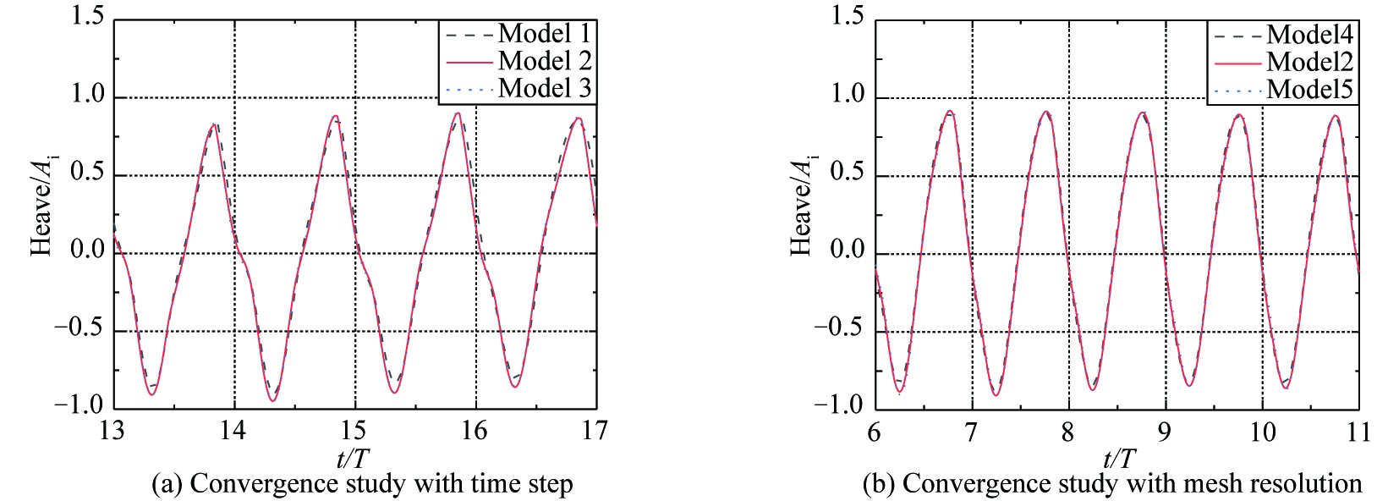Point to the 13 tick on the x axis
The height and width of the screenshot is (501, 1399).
(112, 431)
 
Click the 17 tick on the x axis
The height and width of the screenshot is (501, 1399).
(595, 431)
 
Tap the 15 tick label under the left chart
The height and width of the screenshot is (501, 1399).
(354, 431)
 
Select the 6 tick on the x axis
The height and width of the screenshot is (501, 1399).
(875, 432)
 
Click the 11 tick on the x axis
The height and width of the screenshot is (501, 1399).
(1358, 432)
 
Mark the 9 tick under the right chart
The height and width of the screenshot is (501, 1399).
(1165, 432)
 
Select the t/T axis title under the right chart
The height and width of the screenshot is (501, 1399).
(1119, 458)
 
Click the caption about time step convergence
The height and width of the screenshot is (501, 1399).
(361, 484)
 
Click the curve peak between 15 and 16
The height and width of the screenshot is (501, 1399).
(458, 113)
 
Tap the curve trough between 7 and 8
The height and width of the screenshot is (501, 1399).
(996, 395)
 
